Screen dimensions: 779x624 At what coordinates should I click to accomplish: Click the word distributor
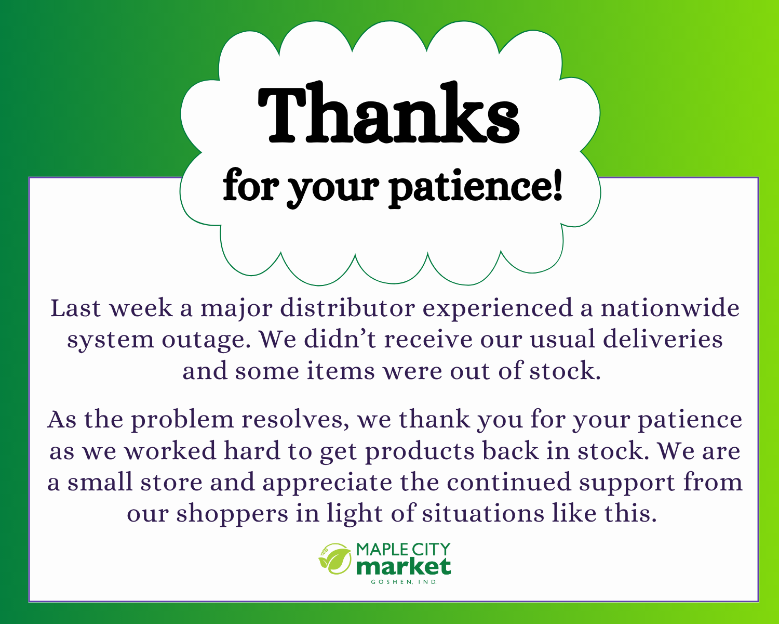point(347,308)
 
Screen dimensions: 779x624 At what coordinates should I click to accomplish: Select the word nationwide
point(670,308)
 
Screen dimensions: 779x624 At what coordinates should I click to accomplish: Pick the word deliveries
point(663,340)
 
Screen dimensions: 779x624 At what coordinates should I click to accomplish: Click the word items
point(341,372)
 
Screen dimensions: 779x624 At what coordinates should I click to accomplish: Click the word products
point(420,452)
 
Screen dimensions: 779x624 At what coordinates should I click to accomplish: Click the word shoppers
point(232,515)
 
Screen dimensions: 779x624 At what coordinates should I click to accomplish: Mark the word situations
point(483,514)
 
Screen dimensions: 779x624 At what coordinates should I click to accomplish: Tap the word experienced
point(498,309)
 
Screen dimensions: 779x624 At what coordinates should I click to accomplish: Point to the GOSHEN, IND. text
point(404,582)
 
